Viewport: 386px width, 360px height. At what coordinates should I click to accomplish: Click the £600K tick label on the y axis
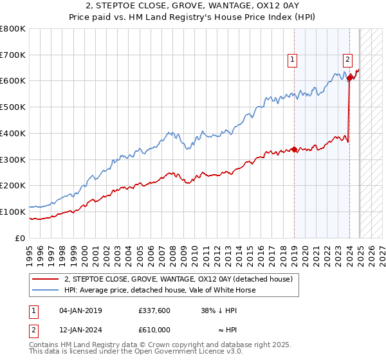tap(13, 81)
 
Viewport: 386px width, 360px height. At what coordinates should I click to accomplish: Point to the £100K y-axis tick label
tap(13, 212)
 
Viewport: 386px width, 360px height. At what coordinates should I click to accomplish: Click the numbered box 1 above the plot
tap(292, 60)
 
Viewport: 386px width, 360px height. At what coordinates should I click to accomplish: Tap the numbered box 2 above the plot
tap(347, 60)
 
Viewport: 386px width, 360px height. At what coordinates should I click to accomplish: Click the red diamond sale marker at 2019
tap(295, 150)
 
